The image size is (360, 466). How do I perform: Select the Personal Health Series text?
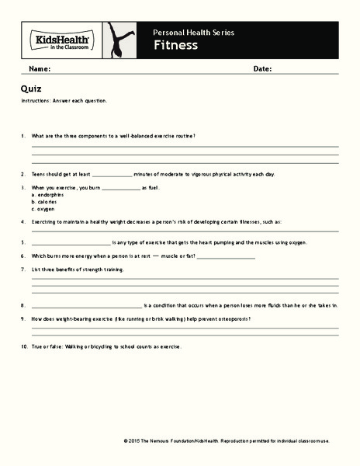click(x=192, y=33)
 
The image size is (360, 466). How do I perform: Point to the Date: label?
click(x=262, y=69)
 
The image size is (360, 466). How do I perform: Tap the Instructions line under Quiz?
click(x=64, y=101)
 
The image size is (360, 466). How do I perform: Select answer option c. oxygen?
click(x=43, y=209)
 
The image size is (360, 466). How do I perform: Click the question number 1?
click(x=24, y=136)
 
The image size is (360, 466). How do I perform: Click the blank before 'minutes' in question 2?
click(x=112, y=174)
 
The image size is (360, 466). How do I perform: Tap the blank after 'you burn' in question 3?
click(x=120, y=187)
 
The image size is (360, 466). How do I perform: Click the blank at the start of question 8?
click(x=86, y=305)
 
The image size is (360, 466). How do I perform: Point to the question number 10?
click(x=25, y=346)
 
